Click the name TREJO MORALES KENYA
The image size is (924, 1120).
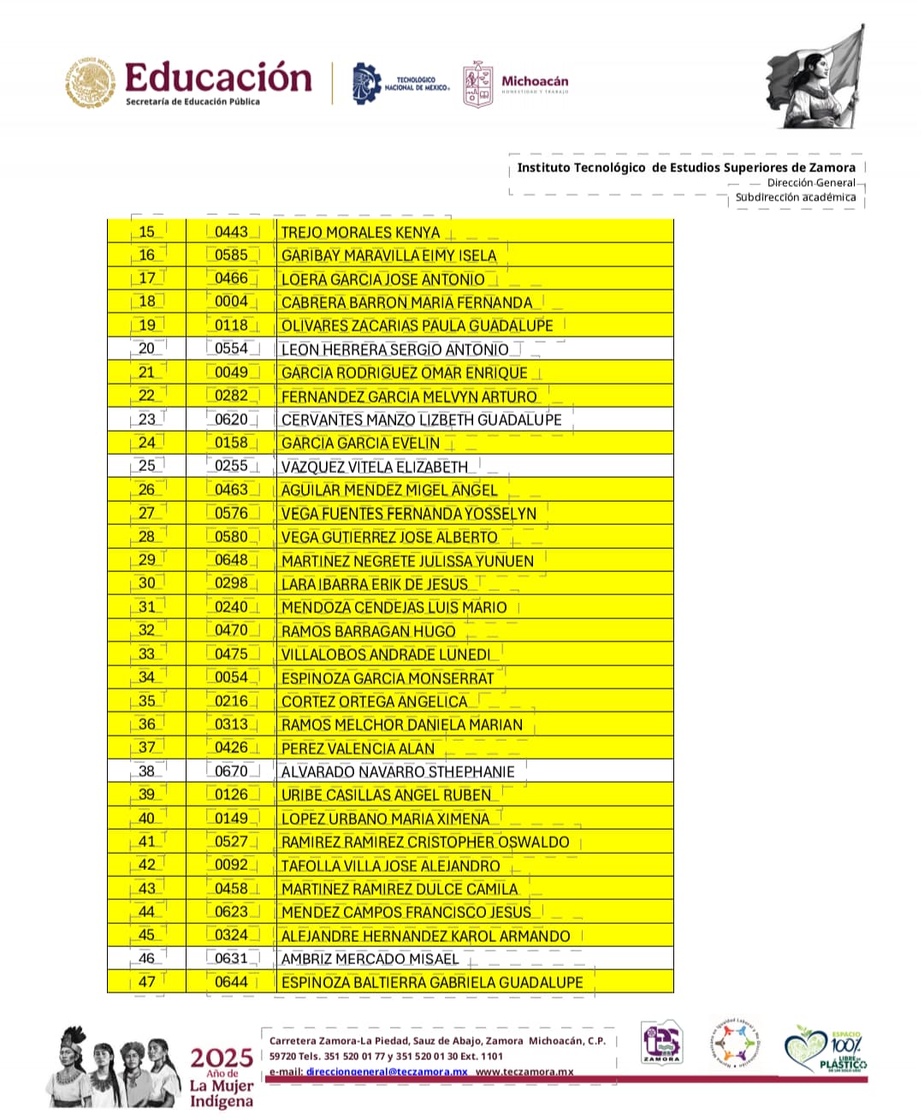pyautogui.click(x=360, y=232)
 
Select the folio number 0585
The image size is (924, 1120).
pyautogui.click(x=231, y=255)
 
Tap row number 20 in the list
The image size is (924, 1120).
pyautogui.click(x=147, y=349)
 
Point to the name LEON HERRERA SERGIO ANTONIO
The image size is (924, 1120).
pyautogui.click(x=394, y=349)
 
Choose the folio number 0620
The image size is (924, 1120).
pyautogui.click(x=231, y=420)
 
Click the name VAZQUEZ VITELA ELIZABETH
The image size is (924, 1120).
pyautogui.click(x=375, y=467)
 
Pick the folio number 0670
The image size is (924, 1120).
pyautogui.click(x=231, y=771)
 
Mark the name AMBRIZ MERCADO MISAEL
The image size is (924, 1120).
pyautogui.click(x=370, y=959)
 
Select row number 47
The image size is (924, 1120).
pyautogui.click(x=147, y=982)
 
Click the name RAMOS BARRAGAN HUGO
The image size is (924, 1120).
pyautogui.click(x=368, y=631)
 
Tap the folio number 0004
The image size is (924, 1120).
pyautogui.click(x=231, y=301)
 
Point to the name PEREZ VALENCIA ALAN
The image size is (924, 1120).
pyautogui.click(x=358, y=748)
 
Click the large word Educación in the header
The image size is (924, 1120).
pyautogui.click(x=218, y=78)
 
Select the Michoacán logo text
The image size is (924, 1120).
pyautogui.click(x=534, y=82)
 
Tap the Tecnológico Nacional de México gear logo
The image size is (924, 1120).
pyautogui.click(x=367, y=84)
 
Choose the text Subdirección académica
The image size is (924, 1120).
pyautogui.click(x=795, y=198)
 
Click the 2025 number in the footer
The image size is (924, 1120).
pyautogui.click(x=221, y=1057)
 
